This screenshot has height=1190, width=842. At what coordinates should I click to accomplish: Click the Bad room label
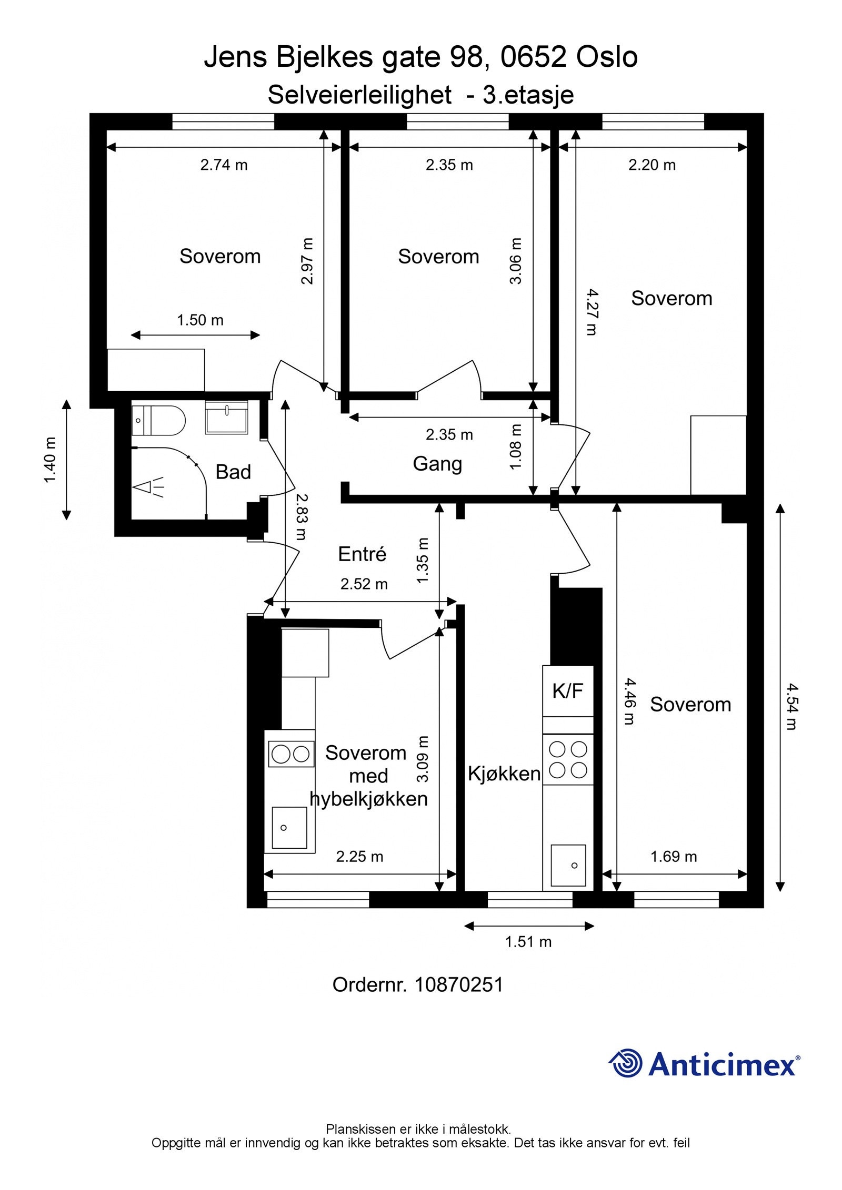click(233, 472)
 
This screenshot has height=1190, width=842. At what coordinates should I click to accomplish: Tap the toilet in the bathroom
click(158, 420)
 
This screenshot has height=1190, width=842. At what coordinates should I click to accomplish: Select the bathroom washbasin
click(226, 418)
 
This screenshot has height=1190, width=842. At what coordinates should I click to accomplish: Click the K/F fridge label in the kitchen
click(568, 690)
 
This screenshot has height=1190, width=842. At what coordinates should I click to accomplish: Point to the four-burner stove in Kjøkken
click(568, 759)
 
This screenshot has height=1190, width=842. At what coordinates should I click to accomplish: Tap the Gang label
click(437, 464)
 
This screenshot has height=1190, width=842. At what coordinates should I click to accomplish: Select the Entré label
click(362, 554)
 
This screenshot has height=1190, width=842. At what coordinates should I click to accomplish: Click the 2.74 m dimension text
click(224, 165)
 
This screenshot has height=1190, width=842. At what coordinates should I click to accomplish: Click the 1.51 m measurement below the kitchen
click(528, 942)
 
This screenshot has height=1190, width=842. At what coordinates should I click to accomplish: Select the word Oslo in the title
click(607, 57)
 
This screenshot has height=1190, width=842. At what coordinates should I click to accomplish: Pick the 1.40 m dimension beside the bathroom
click(50, 460)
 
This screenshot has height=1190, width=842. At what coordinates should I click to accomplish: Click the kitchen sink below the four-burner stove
click(568, 865)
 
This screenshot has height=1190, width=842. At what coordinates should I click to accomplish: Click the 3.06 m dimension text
click(516, 261)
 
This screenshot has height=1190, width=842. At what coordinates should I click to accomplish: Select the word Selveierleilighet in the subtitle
click(359, 95)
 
